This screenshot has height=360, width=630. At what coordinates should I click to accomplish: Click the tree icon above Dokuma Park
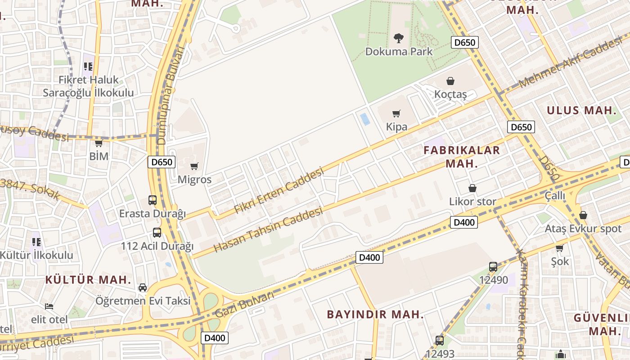point(398,38)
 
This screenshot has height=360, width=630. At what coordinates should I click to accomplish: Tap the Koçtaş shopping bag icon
point(450,81)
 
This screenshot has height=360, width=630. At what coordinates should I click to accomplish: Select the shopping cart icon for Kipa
point(396,113)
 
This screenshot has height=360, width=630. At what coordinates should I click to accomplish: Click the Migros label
point(194,180)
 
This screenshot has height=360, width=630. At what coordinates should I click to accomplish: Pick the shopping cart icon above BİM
point(99,143)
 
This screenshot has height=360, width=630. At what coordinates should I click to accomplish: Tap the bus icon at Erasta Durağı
point(153,200)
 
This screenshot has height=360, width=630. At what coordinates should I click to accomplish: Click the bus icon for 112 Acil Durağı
point(157,233)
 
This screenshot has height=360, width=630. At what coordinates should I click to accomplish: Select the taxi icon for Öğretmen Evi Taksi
point(143,287)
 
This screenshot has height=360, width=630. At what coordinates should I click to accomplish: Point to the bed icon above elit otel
point(49,306)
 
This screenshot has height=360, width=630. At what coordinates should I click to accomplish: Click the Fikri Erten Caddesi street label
point(279,191)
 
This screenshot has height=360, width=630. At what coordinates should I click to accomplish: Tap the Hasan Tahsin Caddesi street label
point(268,229)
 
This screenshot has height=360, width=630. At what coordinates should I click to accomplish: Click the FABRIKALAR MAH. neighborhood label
point(462,157)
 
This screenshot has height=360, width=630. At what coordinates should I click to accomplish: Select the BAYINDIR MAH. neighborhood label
point(375,314)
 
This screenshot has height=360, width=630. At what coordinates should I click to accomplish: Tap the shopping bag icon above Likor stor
point(472,188)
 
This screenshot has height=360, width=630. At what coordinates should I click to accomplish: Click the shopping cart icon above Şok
point(559,248)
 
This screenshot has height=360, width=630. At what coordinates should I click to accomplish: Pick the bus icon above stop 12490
point(493,266)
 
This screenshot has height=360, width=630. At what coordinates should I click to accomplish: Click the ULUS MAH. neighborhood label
point(581,110)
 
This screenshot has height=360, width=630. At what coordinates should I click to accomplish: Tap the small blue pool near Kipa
point(365,119)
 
